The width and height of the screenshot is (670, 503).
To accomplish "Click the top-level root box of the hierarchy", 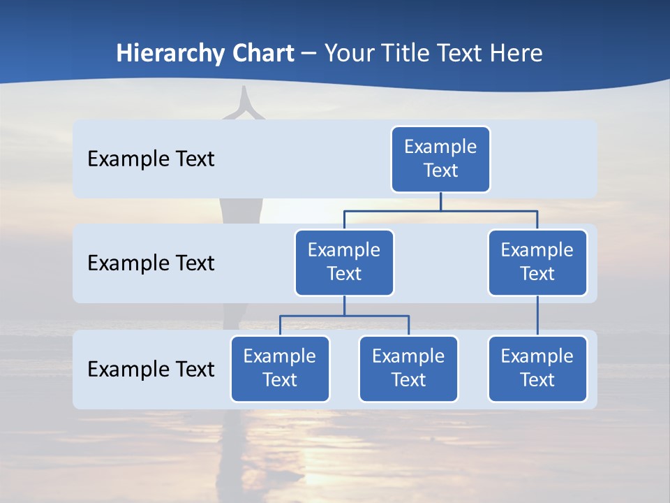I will pos(440,159).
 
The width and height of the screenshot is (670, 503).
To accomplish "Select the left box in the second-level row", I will pos(344,263).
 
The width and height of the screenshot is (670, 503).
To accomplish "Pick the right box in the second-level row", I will pos(537,263).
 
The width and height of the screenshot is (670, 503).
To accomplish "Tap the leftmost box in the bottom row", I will pos(280,369).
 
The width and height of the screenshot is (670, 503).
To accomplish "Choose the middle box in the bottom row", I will pos(408,369).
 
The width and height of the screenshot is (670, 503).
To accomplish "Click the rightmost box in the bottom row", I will pos(537,369).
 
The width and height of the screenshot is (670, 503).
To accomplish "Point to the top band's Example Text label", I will pos(151,159).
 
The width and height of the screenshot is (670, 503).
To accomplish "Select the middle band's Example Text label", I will pos(151,263).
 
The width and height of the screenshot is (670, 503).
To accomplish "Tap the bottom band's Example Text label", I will pos(151,369).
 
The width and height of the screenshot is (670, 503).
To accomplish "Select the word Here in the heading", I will pos(517,53).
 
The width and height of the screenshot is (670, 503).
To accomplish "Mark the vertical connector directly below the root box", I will pos(440,201).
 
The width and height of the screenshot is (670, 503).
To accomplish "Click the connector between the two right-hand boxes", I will pos(537,316).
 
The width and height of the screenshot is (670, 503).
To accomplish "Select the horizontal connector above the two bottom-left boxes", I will pos(344,316).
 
